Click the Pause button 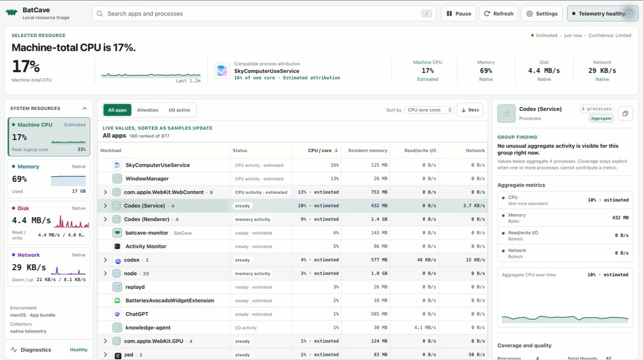(459, 14)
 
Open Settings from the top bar (542, 14)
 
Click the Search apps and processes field (264, 14)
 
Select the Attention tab (147, 110)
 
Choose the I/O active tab (179, 110)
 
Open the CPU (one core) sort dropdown (429, 110)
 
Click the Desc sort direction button (470, 110)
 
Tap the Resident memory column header (367, 150)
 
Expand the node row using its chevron (105, 273)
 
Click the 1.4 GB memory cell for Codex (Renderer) (379, 219)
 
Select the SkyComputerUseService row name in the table (158, 165)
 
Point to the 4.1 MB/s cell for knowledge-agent (425, 327)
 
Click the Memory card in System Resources (49, 179)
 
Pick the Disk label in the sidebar (23, 208)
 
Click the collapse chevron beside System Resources (85, 109)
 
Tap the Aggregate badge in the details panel (601, 118)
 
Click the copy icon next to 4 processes (625, 113)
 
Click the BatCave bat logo (12, 12)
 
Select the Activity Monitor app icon (117, 246)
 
